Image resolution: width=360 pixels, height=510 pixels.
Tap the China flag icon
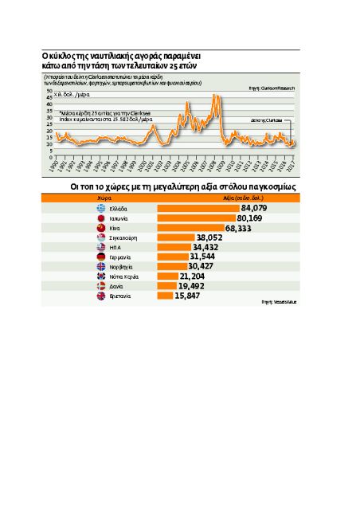(x=100, y=227)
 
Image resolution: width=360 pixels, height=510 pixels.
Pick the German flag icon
(x=100, y=257)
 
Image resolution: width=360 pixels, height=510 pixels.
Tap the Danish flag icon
(x=100, y=285)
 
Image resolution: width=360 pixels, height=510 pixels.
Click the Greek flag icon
(x=100, y=208)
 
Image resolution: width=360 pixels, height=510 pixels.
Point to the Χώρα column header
(x=104, y=199)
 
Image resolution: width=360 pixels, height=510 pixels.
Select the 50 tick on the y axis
(x=50, y=92)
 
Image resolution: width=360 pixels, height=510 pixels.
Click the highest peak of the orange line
(x=217, y=96)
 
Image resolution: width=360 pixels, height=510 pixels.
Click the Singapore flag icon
(x=100, y=237)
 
